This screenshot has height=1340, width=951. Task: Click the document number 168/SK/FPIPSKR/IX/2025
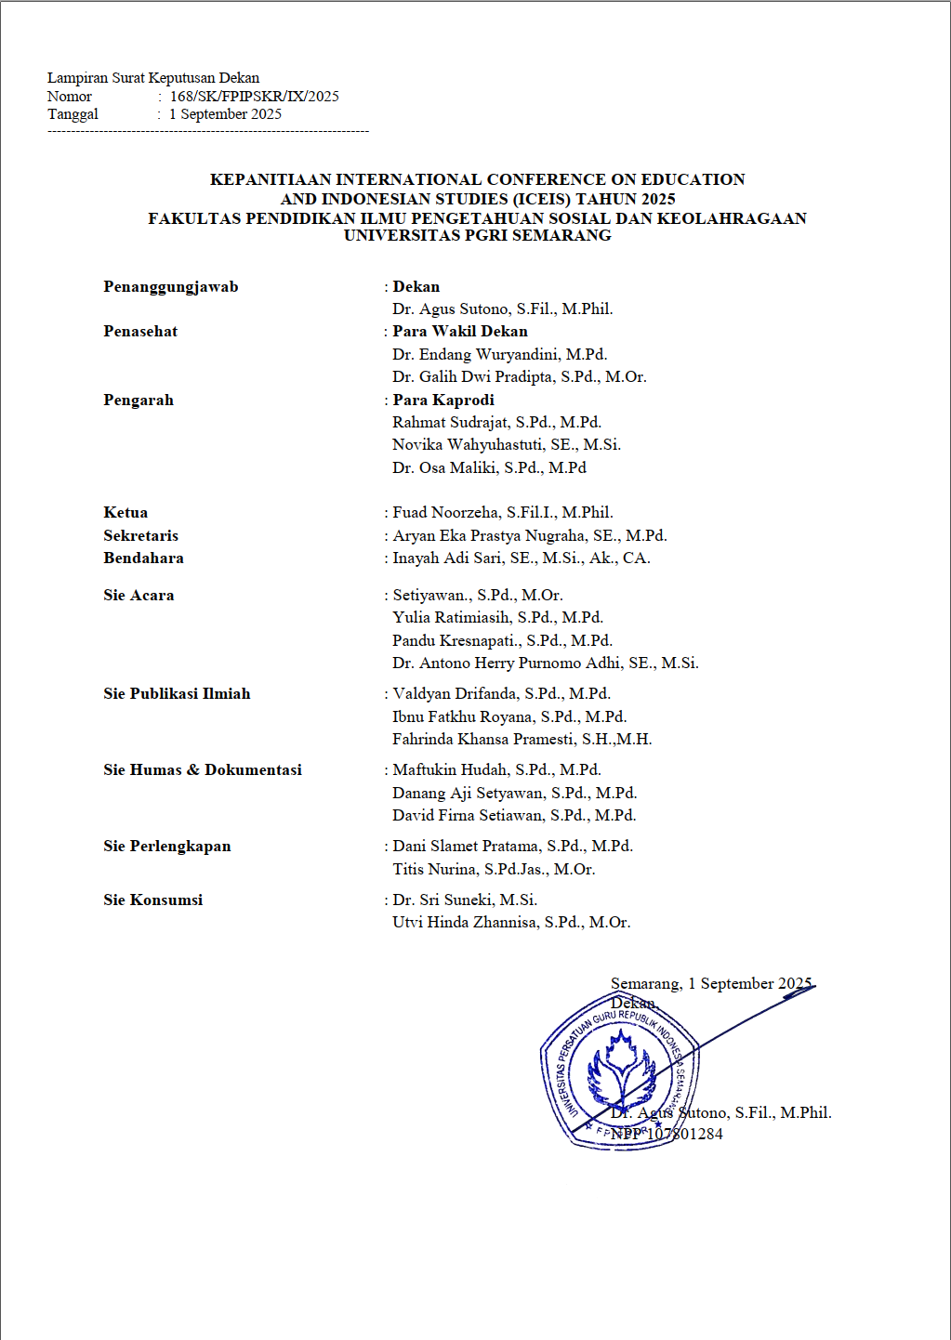coord(254,97)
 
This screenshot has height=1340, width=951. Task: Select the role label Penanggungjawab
coord(171,287)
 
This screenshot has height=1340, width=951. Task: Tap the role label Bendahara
coord(143,558)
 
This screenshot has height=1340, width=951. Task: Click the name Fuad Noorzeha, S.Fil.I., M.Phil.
coord(502,513)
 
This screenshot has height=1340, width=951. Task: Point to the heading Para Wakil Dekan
coord(459,332)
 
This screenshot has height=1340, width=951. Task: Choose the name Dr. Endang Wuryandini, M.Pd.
coord(499,355)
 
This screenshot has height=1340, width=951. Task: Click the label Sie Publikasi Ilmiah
coord(177,694)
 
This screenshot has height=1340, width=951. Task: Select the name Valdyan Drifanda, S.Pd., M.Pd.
coord(501,694)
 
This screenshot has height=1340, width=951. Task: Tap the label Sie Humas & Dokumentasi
coord(203,770)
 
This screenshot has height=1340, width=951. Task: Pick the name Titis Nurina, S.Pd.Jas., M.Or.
coord(494,870)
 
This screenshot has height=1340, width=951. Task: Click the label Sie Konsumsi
coord(152,900)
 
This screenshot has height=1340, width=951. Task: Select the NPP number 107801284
coord(684,1135)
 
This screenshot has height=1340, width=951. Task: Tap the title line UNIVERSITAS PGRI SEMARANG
coord(477,236)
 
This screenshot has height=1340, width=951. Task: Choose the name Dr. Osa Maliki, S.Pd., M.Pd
coord(489,468)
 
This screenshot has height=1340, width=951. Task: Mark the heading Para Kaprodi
coord(442,401)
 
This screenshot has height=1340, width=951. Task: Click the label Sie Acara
coord(139,596)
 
